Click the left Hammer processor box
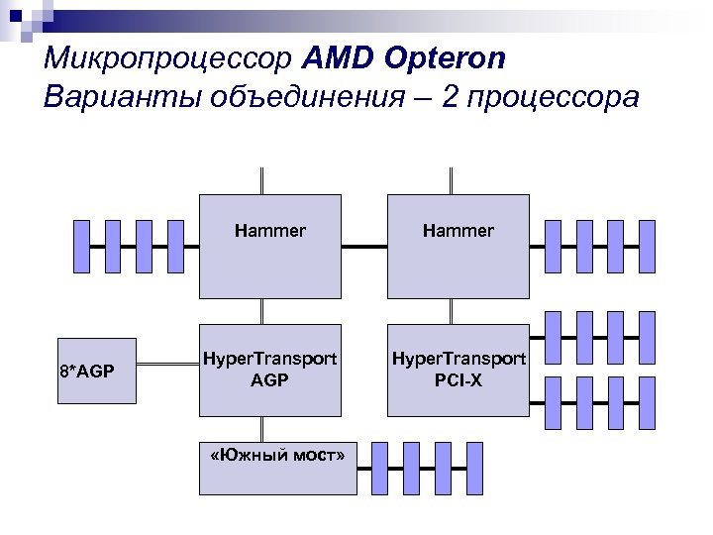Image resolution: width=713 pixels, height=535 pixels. [269, 247]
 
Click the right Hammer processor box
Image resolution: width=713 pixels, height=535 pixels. [458, 247]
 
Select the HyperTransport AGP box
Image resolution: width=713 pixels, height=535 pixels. [269, 369]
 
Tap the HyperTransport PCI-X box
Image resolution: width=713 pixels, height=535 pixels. [458, 369]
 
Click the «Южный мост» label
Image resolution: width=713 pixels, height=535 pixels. [277, 455]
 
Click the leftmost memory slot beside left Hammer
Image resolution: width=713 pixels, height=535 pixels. [83, 246]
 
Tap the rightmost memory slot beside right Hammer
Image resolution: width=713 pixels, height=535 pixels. [647, 246]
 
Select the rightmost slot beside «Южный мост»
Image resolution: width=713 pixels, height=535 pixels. [473, 468]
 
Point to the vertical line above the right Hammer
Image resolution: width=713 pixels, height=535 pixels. [452, 180]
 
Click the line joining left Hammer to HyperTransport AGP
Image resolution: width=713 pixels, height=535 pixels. [262, 311]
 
